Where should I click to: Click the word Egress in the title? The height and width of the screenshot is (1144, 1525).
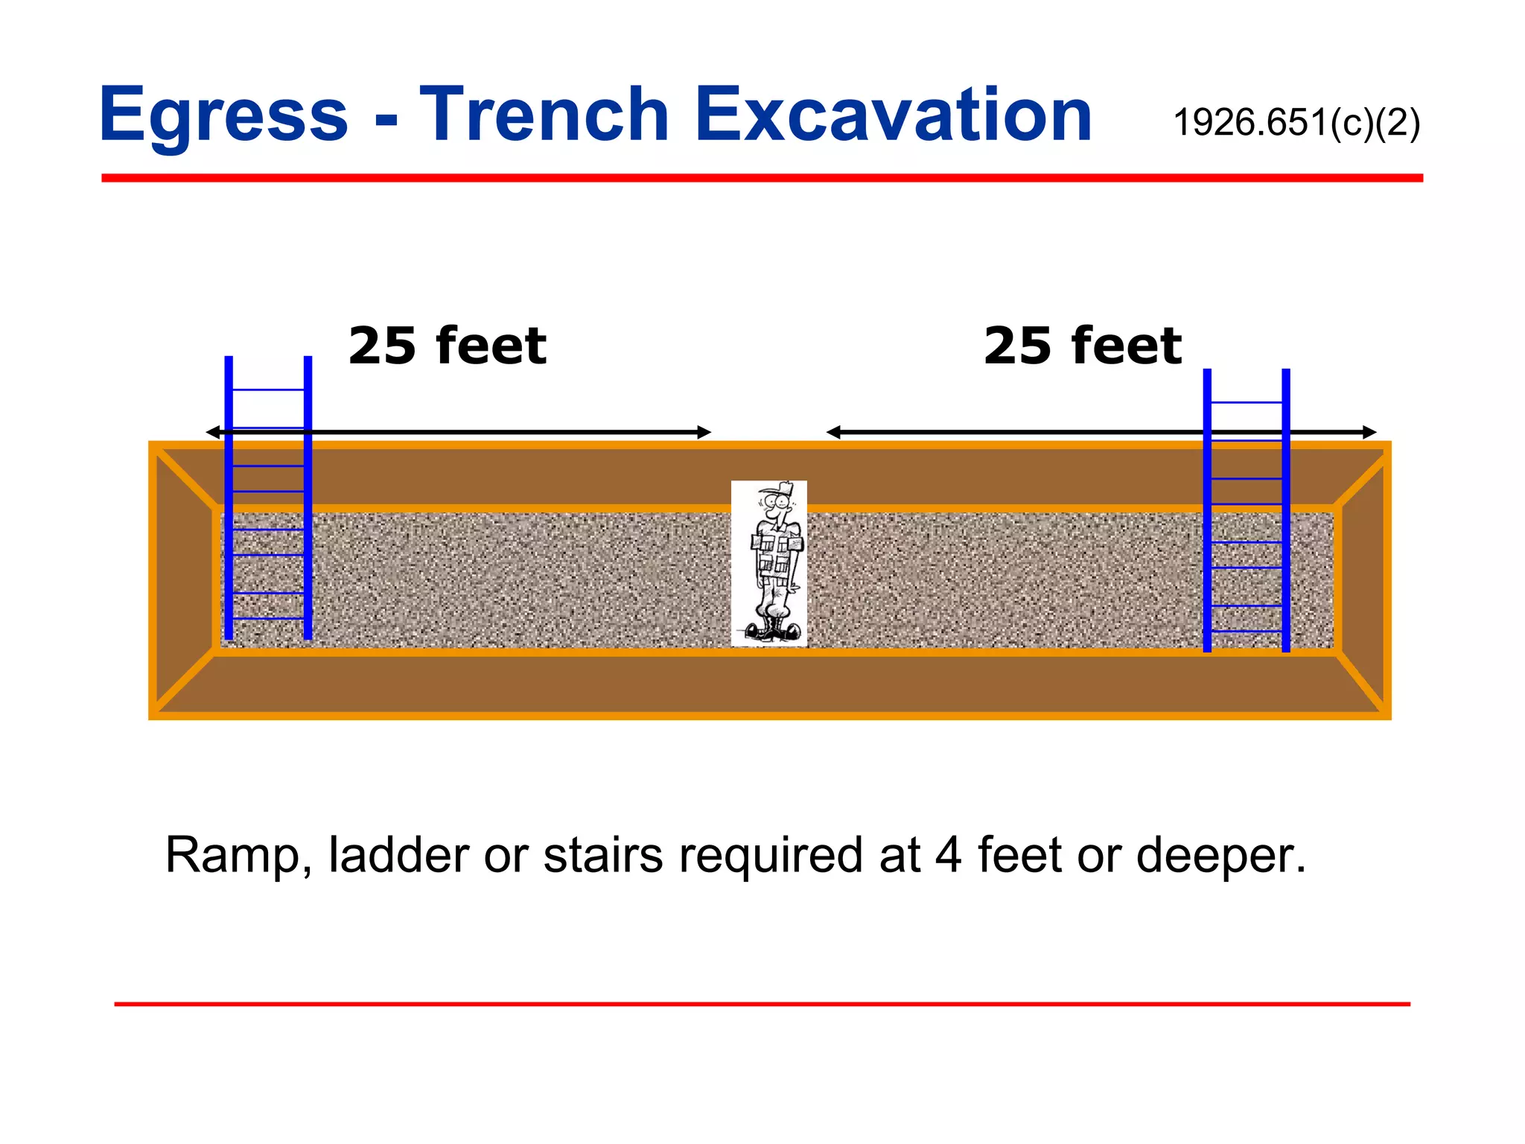pos(223,115)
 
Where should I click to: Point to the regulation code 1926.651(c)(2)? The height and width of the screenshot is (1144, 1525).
pos(1296,123)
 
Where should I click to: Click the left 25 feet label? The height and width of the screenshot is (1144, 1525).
pos(448,346)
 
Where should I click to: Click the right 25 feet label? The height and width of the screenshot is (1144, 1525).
pos(1083,346)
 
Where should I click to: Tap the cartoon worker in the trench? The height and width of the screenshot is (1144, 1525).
pos(769,563)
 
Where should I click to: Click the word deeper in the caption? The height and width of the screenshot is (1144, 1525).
pos(1221,857)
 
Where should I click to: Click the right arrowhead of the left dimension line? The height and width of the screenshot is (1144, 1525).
pos(704,432)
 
